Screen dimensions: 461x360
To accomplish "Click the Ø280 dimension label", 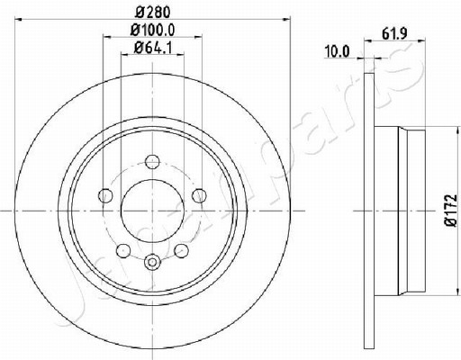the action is pyautogui.click(x=153, y=13).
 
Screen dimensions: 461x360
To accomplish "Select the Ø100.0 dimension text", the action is pyautogui.click(x=153, y=30).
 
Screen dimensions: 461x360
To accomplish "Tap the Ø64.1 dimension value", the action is pyautogui.click(x=153, y=48).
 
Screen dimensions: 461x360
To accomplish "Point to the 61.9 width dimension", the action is pyautogui.click(x=394, y=34).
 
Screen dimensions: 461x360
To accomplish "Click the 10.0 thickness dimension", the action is pyautogui.click(x=338, y=52).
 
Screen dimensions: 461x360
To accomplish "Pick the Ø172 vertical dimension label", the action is pyautogui.click(x=451, y=210).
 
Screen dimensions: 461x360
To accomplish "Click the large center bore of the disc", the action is pyautogui.click(x=152, y=211).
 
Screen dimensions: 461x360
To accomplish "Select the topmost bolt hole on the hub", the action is pyautogui.click(x=152, y=162).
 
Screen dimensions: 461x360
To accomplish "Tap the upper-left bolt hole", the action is pyautogui.click(x=105, y=196).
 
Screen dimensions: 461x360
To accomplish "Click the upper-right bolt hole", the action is pyautogui.click(x=199, y=195).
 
